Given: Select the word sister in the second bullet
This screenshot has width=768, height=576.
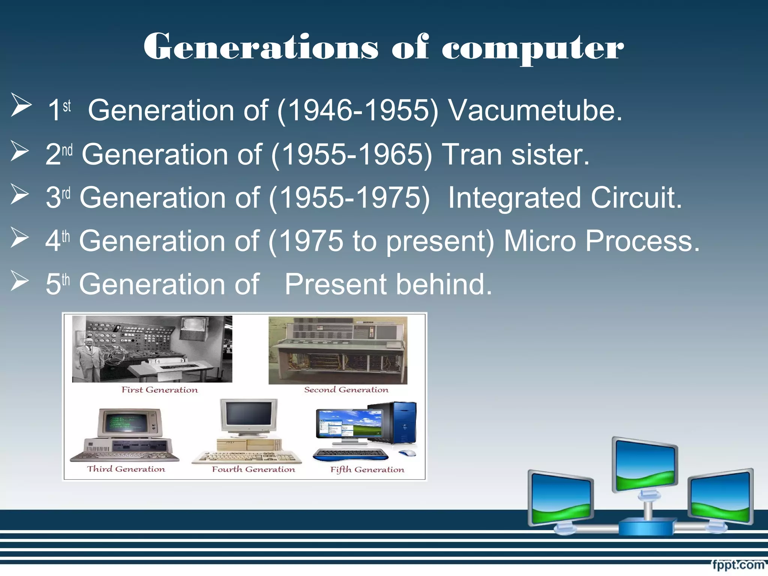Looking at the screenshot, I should (x=550, y=154).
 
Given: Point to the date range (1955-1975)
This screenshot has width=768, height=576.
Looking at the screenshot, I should (x=349, y=198).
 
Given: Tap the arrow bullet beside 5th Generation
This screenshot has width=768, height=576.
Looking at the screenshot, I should (x=20, y=281).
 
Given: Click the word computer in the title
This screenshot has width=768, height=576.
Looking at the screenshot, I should (x=532, y=48).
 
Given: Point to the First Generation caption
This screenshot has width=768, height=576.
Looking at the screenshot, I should (x=159, y=390).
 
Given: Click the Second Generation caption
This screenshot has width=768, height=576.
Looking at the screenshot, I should (x=346, y=390).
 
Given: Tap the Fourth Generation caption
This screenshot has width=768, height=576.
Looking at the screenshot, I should (x=253, y=469).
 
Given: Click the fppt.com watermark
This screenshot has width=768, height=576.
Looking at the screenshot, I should (x=738, y=565).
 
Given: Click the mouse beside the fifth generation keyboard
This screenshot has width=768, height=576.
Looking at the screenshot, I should (x=408, y=453).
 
